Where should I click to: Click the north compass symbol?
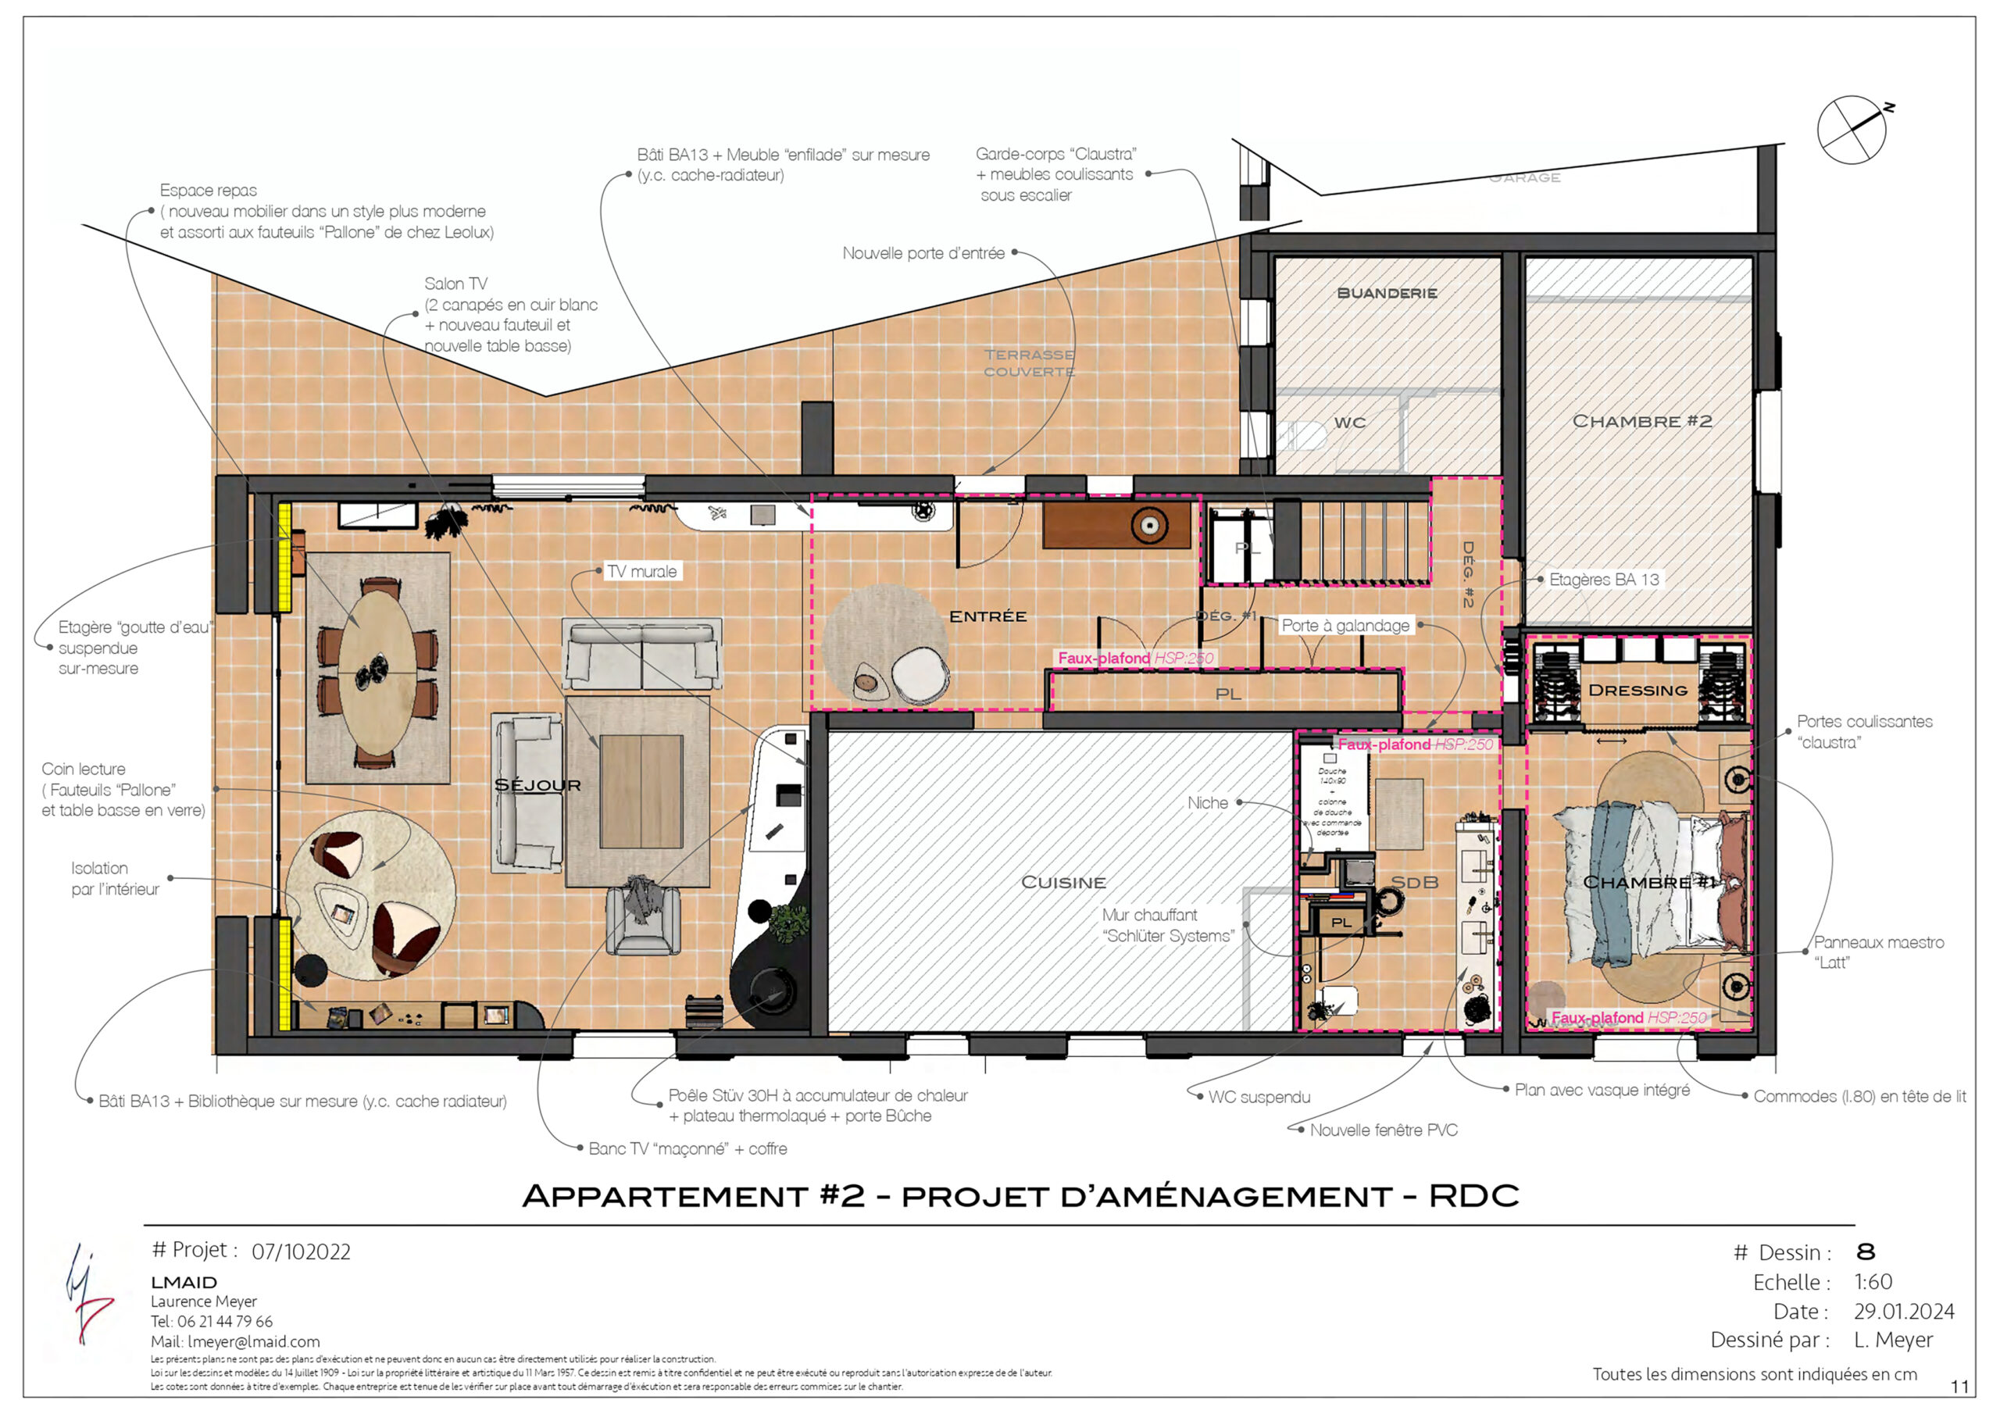point(1851,130)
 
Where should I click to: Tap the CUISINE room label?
point(1063,883)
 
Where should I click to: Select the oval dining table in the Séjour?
point(377,672)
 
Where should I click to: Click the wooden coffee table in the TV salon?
point(641,791)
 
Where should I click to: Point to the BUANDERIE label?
point(1387,293)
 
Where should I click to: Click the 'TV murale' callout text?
point(642,572)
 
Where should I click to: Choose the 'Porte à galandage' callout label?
point(1345,626)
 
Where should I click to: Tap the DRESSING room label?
point(1637,690)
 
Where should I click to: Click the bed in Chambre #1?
point(1646,884)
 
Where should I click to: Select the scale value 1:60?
point(1873,1281)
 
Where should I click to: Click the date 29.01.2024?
point(1904,1311)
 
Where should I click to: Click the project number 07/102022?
point(301,1252)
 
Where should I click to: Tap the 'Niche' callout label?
point(1207,802)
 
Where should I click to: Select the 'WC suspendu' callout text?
point(1259,1097)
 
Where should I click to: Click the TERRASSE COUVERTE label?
point(1029,362)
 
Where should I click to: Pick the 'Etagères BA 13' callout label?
point(1604,580)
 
